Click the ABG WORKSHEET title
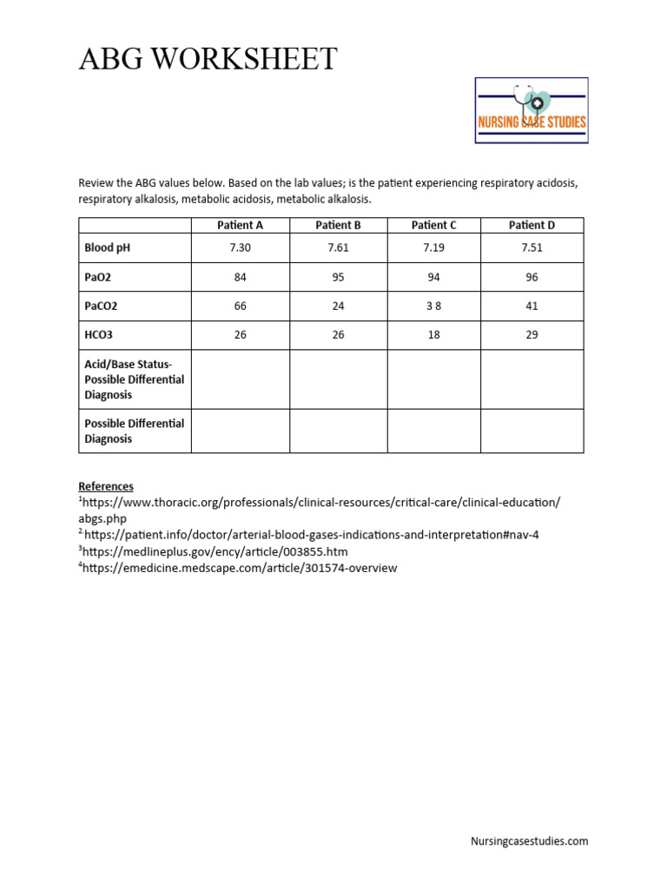tap(208, 59)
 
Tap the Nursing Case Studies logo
tap(532, 110)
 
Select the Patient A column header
tap(240, 225)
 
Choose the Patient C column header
tap(433, 225)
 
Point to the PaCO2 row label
tap(101, 306)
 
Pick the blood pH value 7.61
tap(338, 247)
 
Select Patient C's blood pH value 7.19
tap(433, 247)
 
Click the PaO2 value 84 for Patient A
tap(240, 277)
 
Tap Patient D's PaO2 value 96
tap(532, 277)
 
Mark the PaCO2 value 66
tap(240, 306)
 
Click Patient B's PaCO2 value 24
tap(338, 306)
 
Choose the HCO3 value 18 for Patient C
tap(433, 335)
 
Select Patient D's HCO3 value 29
tap(532, 335)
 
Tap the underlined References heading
tap(106, 486)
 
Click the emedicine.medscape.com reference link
tap(239, 568)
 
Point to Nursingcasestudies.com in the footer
tap(529, 840)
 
